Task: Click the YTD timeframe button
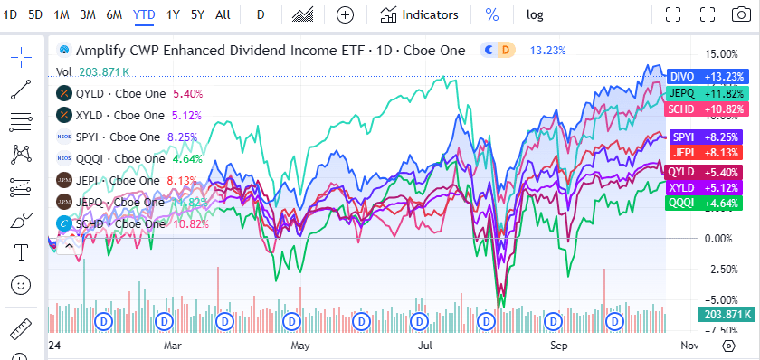coord(143,14)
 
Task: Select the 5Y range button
coord(197,14)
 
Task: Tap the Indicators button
coord(420,14)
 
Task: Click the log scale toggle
coord(535,14)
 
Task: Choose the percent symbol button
coord(491,14)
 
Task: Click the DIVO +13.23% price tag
coord(707,77)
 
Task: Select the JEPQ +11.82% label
coord(707,92)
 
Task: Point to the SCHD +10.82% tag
coord(707,109)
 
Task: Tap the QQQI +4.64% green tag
coord(707,204)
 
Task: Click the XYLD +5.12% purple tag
coord(707,187)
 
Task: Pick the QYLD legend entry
coord(128,92)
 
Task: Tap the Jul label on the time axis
coord(424,345)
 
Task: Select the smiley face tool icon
coord(20,285)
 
